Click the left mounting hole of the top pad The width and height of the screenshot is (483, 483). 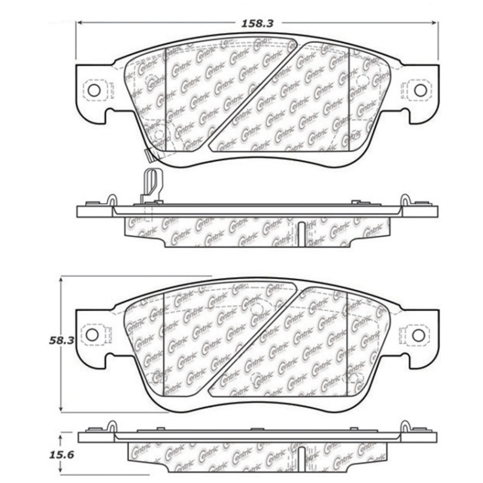pos(94,90)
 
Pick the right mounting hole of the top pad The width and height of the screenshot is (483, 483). pos(418,90)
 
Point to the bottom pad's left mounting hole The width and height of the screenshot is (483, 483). pos(92,334)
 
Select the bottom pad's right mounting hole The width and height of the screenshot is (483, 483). pos(417,334)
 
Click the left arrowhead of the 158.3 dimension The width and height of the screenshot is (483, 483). pos(79,24)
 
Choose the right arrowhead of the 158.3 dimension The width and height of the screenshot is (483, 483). pos(435,24)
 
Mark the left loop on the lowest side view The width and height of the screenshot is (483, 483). pos(111,426)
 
